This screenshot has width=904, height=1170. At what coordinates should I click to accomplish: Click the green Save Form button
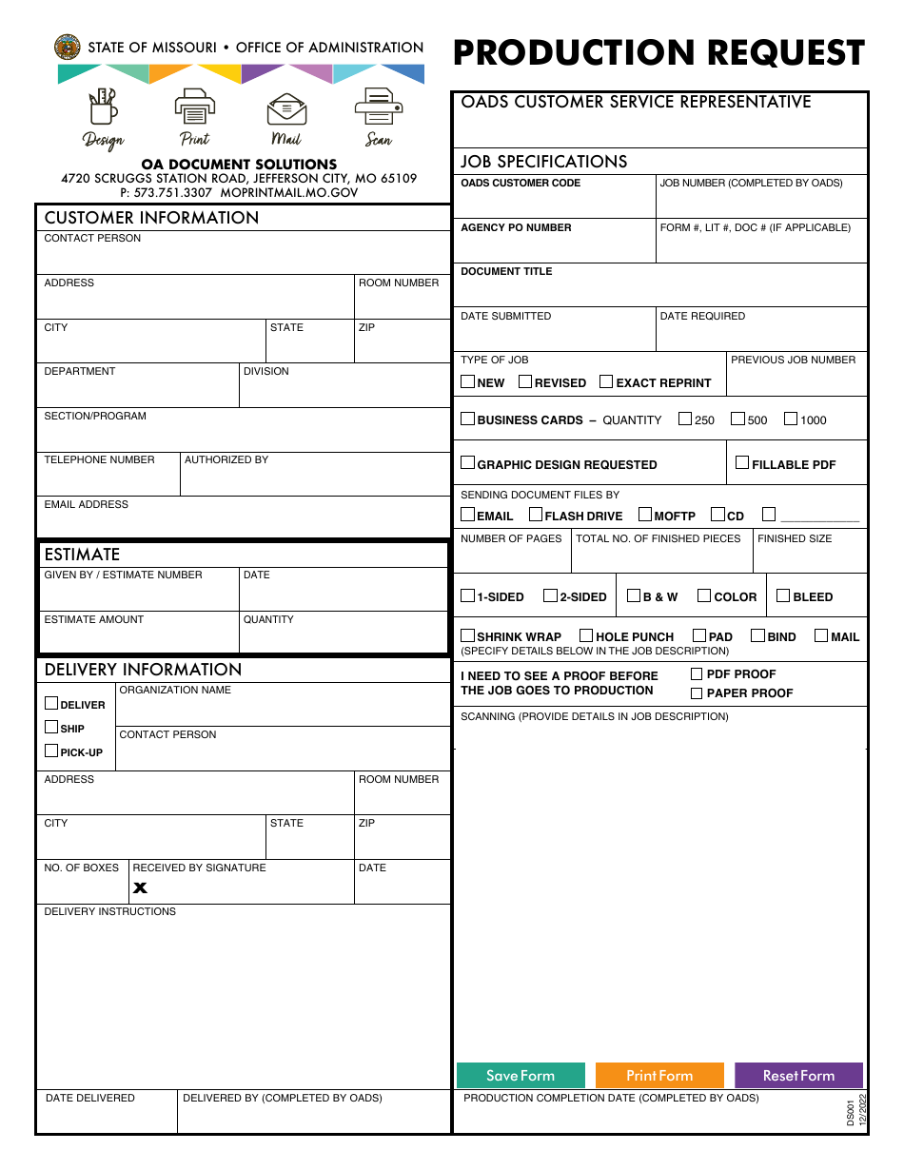coord(520,1075)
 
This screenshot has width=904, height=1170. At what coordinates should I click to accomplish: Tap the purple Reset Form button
coord(798,1075)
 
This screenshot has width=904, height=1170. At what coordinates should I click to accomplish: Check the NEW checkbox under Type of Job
coord(467,381)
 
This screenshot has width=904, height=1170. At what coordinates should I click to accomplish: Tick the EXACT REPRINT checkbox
coord(606,381)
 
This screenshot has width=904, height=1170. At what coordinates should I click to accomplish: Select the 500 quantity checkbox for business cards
coord(737,419)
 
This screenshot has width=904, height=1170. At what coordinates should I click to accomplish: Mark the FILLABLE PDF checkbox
coord(742,463)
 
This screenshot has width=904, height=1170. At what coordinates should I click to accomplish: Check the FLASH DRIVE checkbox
coord(536,515)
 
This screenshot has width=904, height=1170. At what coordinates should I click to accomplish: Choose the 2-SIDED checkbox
coord(550,595)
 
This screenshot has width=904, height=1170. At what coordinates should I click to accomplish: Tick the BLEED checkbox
coord(783,595)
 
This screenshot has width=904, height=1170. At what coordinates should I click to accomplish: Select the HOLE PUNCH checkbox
coord(586,635)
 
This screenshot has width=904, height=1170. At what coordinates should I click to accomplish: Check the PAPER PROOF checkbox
coord(697,692)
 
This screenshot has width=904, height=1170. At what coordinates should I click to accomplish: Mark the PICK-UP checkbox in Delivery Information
coord(51,751)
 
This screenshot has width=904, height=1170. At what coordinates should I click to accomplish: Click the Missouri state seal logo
coord(68,47)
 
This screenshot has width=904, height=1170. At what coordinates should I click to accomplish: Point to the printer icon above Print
coord(194,107)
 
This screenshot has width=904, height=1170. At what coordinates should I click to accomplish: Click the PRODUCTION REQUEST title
coord(658,53)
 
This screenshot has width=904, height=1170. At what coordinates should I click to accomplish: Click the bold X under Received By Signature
coord(141,887)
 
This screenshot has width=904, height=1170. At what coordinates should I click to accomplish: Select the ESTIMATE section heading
coord(82,554)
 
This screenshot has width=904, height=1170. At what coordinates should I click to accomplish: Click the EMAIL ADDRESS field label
coord(86,504)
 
